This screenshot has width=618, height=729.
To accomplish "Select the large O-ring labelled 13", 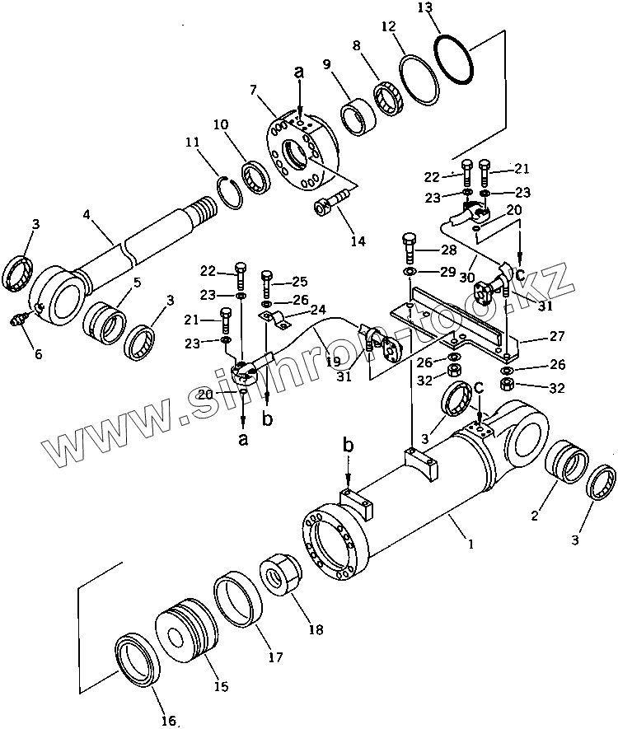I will coord(455,59).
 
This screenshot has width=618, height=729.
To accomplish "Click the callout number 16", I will coord(168,721).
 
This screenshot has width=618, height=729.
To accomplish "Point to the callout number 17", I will coord(274,657).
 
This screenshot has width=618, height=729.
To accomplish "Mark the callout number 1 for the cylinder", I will coord(471,544).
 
